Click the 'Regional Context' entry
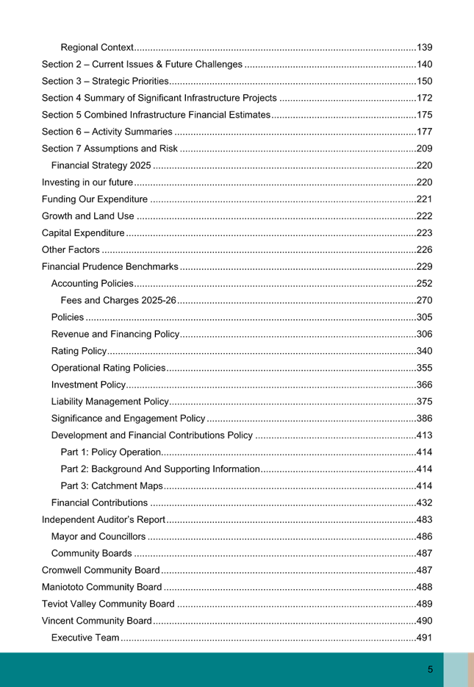tap(97, 48)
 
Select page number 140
tap(424, 65)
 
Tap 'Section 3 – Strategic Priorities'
tap(105, 82)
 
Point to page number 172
tap(424, 99)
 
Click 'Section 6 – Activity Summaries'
tap(107, 132)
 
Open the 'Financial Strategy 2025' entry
tap(101, 165)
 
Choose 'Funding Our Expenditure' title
tap(94, 199)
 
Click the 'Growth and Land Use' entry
tap(88, 216)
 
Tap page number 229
tap(424, 267)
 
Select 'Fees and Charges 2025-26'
tap(119, 301)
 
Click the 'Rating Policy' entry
tap(79, 352)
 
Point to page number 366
tap(424, 385)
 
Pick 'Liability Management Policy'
tap(109, 402)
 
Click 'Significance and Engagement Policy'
tap(128, 419)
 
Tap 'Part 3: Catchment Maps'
tap(112, 486)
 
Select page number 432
tap(424, 503)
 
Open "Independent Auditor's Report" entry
tap(104, 520)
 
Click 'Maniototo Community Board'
tap(101, 588)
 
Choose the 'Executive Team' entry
tap(85, 638)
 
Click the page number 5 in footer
tap(431, 669)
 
